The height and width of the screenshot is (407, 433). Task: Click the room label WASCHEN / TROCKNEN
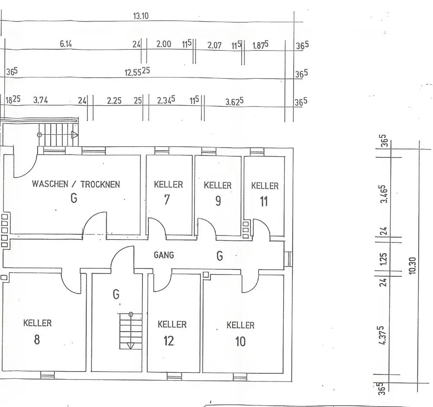[76, 184]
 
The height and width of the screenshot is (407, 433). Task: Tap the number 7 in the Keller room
[167, 200]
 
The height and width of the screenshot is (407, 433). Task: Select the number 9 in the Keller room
[218, 201]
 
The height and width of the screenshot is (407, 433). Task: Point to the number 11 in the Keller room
[264, 202]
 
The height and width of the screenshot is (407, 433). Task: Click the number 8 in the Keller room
[37, 339]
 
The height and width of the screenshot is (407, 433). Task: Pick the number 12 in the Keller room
[169, 341]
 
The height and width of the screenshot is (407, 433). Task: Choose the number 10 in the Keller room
[240, 342]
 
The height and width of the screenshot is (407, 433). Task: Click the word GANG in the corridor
[164, 255]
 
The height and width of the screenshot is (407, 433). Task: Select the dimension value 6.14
[66, 44]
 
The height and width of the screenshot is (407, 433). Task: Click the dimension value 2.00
[163, 44]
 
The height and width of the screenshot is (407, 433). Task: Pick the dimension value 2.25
[114, 101]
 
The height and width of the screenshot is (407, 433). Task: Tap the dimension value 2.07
[214, 45]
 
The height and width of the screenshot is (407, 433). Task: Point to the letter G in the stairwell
[116, 295]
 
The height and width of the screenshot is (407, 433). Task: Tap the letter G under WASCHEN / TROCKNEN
[74, 199]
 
